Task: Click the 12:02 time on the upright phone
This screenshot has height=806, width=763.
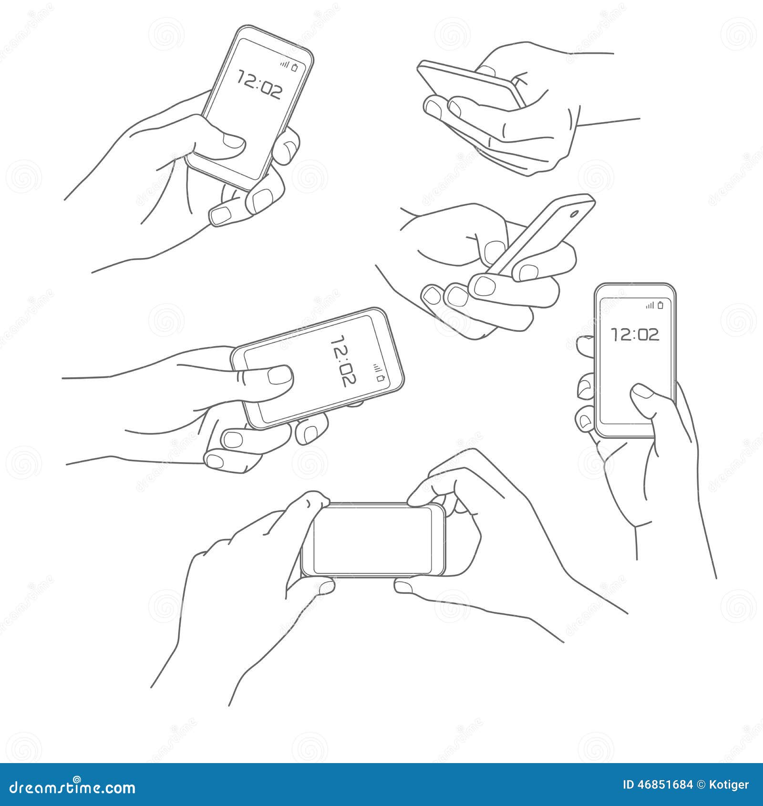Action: (x=635, y=334)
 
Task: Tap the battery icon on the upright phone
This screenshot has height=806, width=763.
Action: (x=660, y=305)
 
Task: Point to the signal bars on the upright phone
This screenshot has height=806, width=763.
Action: (x=650, y=306)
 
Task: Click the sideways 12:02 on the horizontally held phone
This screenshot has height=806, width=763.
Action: (x=344, y=361)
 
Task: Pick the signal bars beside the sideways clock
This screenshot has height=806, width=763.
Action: (x=377, y=367)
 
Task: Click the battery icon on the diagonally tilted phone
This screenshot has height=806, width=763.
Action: (x=295, y=68)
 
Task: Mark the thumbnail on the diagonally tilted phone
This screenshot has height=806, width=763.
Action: (x=234, y=141)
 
